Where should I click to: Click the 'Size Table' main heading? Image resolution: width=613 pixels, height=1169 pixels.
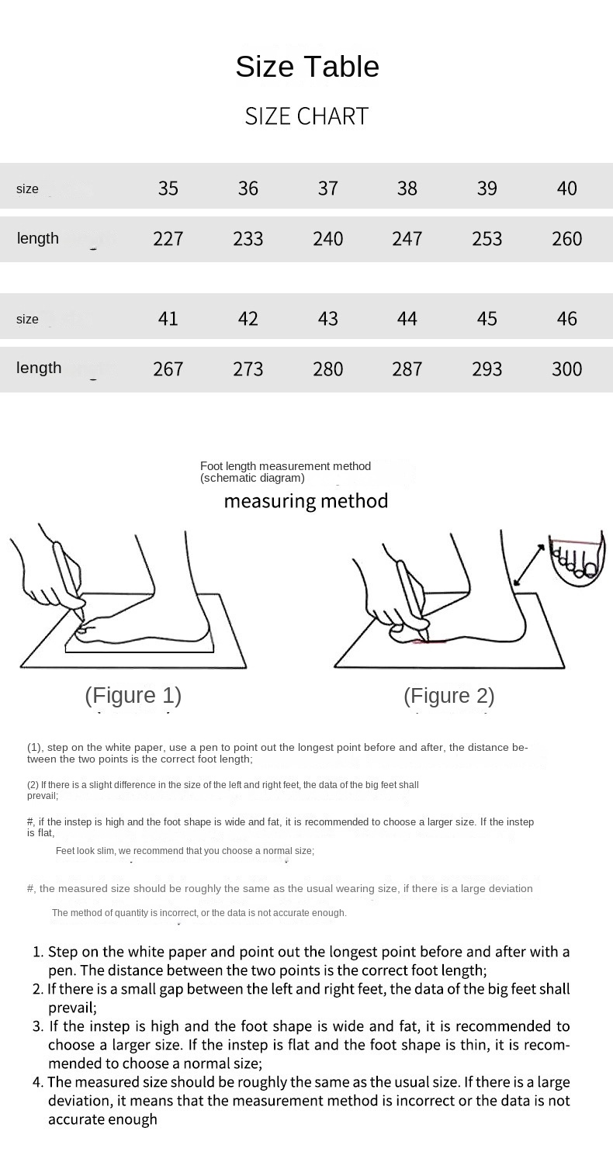point(307,66)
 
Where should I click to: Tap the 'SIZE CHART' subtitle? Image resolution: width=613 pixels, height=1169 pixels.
point(307,116)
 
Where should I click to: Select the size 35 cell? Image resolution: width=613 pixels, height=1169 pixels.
point(168,188)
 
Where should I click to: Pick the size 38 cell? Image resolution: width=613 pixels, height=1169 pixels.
point(407,188)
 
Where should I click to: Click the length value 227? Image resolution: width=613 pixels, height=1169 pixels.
point(168,239)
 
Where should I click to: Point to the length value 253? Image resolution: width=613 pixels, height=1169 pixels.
point(487,239)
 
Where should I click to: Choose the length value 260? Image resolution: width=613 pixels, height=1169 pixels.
point(567,239)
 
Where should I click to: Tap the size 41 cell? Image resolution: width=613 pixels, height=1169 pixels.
point(168,319)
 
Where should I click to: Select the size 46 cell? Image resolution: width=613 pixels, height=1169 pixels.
point(567,319)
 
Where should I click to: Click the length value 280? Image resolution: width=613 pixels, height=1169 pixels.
point(328,369)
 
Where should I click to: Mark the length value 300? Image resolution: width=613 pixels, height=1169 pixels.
point(567,369)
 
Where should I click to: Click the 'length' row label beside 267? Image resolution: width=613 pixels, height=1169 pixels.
point(39,368)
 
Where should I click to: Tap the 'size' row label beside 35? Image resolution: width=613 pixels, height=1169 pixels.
point(27,189)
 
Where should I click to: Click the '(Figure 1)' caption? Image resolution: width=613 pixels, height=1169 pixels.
point(133,696)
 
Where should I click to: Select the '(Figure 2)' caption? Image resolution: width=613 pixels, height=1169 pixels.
point(449,696)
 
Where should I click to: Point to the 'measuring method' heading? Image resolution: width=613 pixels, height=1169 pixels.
point(306,501)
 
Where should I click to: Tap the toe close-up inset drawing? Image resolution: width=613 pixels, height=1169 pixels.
point(577,558)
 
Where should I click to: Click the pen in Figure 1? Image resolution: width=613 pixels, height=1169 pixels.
point(68,579)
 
